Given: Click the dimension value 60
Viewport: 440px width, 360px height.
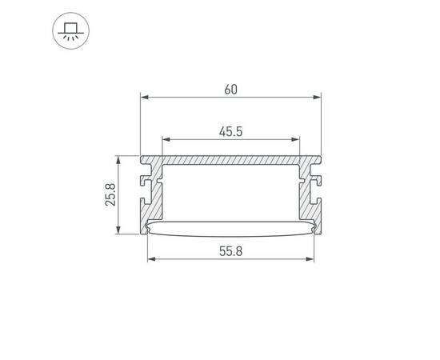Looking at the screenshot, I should pos(230,90).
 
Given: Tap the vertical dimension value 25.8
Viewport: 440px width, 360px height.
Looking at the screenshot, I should pos(111,194).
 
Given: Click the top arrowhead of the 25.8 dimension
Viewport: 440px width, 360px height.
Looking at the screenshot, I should pos(120,158).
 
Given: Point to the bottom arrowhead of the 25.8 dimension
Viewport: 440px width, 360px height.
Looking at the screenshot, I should pos(120,232).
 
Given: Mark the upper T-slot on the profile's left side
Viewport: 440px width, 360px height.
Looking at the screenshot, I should pos(146,171).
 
